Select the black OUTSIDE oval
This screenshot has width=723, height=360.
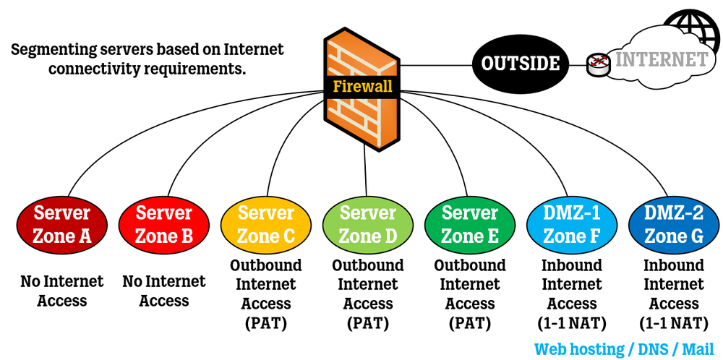click(521, 63)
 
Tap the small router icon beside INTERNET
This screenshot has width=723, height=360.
click(597, 64)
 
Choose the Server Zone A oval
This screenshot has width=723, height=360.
click(62, 225)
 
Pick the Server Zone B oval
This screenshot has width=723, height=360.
click(164, 225)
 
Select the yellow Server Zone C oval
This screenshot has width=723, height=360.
click(266, 225)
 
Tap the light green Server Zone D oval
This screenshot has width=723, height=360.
click(368, 225)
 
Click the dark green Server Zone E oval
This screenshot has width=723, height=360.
click(470, 225)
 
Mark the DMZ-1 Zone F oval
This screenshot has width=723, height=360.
click(572, 225)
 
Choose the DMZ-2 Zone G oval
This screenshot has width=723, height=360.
click(674, 225)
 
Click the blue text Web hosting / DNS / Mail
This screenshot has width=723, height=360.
click(628, 348)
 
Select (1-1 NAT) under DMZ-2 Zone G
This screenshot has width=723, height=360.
click(674, 323)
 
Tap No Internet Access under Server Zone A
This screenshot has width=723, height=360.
click(62, 291)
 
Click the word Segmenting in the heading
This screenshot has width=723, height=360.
click(55, 51)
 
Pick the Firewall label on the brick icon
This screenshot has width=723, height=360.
click(363, 87)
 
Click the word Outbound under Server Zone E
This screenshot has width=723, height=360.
click(470, 265)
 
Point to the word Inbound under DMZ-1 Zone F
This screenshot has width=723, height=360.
click(572, 265)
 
